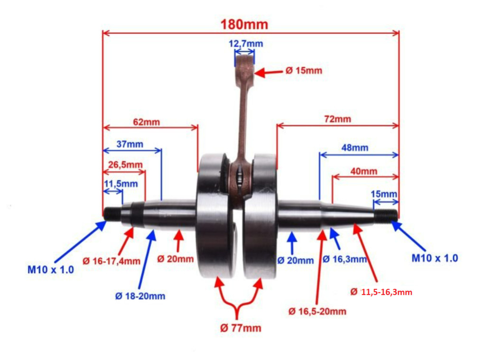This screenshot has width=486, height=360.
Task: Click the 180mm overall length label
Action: (244, 24)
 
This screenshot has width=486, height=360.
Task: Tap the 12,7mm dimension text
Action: (245, 44)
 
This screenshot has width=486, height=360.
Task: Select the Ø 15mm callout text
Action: (303, 71)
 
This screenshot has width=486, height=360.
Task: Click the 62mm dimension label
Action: (146, 122)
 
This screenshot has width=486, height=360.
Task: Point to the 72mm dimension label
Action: (337, 119)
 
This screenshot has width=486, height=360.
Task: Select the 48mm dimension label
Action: (355, 148)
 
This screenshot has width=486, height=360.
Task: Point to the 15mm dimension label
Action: (383, 194)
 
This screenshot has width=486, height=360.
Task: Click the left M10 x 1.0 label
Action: (50, 270)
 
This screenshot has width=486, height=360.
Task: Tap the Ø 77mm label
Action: (240, 328)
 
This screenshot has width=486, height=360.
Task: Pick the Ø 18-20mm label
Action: (140, 296)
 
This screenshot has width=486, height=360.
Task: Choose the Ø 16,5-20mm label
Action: (317, 312)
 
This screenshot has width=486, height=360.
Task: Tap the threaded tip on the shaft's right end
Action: (385, 215)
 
